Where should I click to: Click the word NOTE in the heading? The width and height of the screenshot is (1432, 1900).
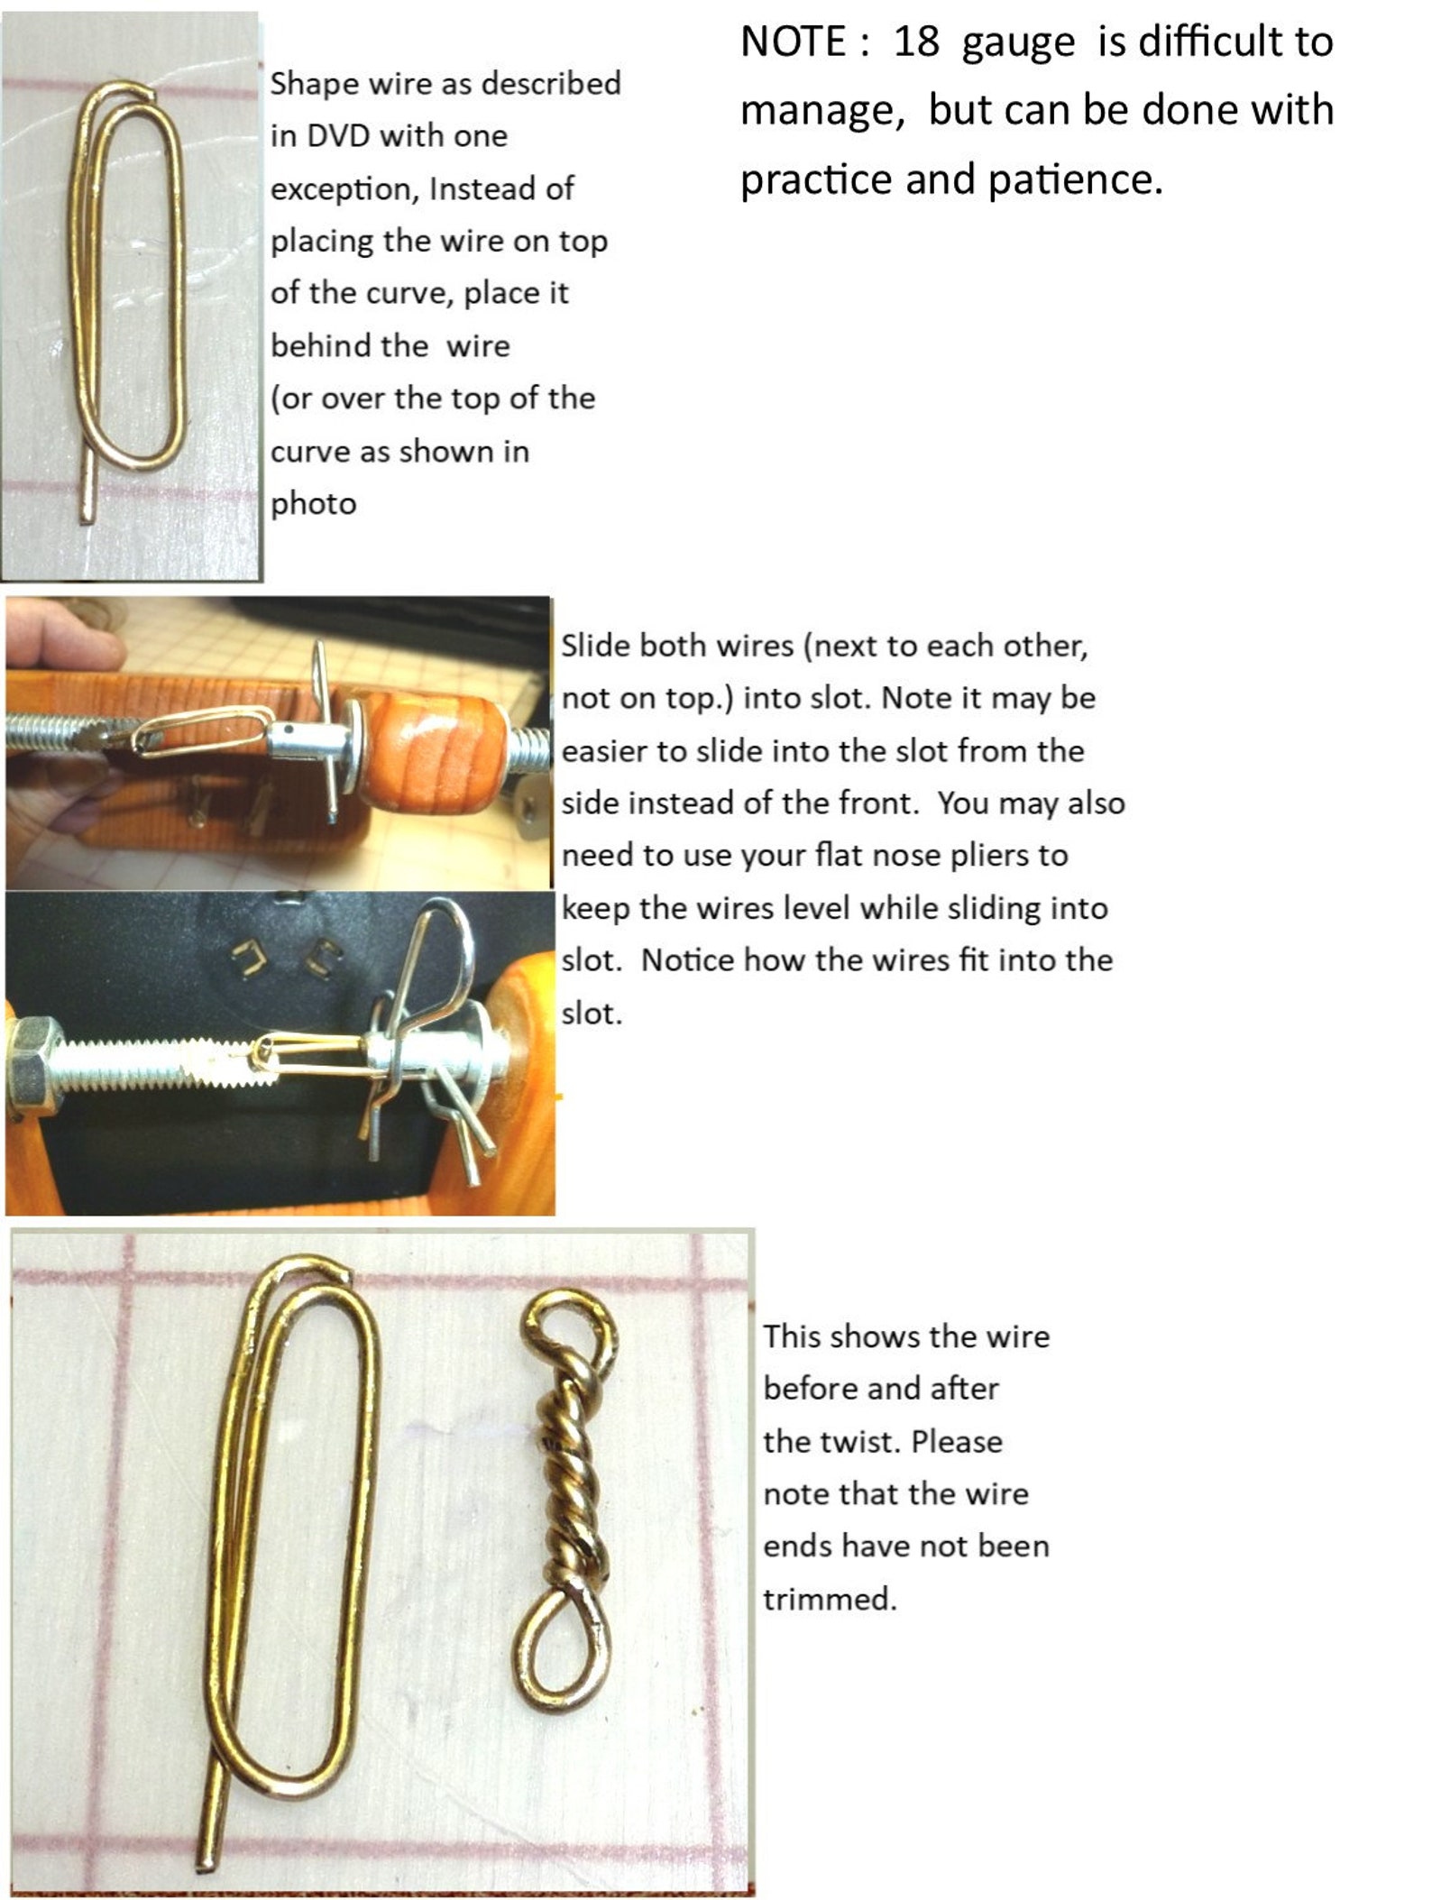point(793,42)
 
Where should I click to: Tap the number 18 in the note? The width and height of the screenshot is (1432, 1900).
point(915,42)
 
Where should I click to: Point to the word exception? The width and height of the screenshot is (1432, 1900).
point(341,189)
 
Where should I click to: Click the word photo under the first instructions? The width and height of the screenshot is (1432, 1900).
point(313,504)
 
